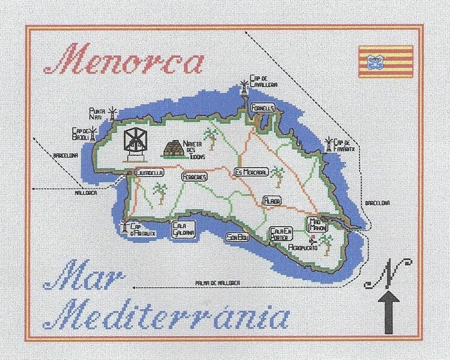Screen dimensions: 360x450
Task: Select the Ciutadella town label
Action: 148,172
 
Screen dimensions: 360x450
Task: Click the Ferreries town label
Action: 194,177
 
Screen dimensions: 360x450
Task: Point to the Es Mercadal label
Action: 251,172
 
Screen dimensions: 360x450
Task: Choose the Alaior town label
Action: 272,201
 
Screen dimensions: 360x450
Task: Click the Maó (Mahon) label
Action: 317,224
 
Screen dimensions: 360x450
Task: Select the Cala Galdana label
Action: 183,228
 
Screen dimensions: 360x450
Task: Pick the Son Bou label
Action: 237,237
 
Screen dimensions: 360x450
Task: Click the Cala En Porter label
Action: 281,234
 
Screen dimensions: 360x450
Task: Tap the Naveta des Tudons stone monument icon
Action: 176,148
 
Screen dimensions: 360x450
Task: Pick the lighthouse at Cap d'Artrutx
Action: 125,225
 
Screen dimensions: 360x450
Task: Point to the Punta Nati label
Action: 97,113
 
